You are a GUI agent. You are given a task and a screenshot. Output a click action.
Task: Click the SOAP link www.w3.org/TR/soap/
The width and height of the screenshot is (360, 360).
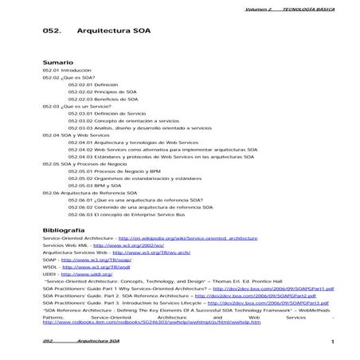tap(90, 260)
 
